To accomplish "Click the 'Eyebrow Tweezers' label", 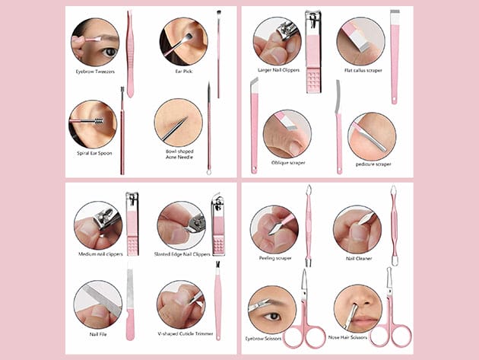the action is point(95,72).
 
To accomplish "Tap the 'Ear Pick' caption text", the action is point(184,72).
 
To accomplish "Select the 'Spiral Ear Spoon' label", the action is point(94,153).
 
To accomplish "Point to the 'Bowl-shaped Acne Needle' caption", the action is point(179,155).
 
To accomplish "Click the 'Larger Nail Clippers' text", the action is point(278,70).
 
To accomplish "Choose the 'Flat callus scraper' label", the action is point(363,70).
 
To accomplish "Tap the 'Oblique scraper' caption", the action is point(288,163).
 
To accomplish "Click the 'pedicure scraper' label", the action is point(373,164).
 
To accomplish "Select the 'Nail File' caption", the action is point(98,334).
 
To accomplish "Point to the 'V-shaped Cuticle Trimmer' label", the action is point(186,333).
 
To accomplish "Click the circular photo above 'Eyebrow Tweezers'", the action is point(95,42).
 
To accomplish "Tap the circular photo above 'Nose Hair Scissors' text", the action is point(358,308).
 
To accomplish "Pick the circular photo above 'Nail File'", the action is point(98,305).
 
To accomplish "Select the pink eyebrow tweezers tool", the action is point(130,54).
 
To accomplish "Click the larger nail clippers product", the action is point(313,52).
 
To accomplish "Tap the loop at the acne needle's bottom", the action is point(209,172).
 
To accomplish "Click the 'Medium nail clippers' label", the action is point(100,254).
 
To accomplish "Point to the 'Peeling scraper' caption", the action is point(275,258).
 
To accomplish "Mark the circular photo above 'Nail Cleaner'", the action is point(357,229).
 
